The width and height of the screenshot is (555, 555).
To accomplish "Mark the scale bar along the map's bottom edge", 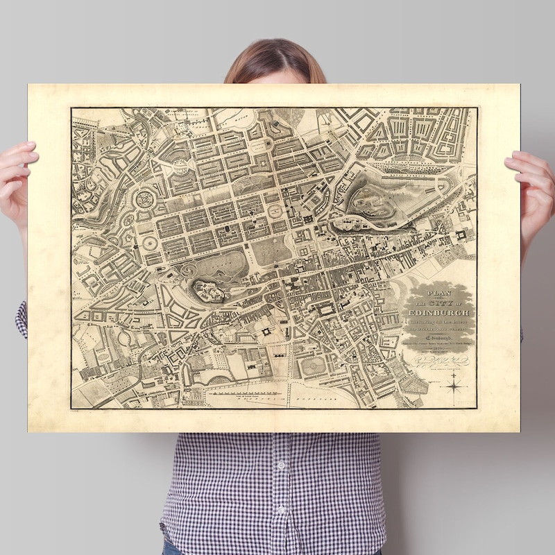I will click(x=243, y=393).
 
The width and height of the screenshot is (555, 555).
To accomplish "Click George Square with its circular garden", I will click(x=314, y=366).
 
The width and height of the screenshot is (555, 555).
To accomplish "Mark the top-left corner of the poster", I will click(x=28, y=85).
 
